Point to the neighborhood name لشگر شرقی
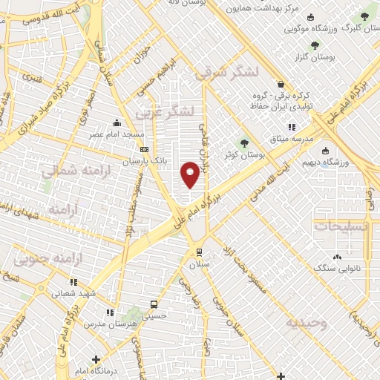click(226, 73)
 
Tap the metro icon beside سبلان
click(197, 251)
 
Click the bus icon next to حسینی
click(154, 304)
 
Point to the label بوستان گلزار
click(346, 56)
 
